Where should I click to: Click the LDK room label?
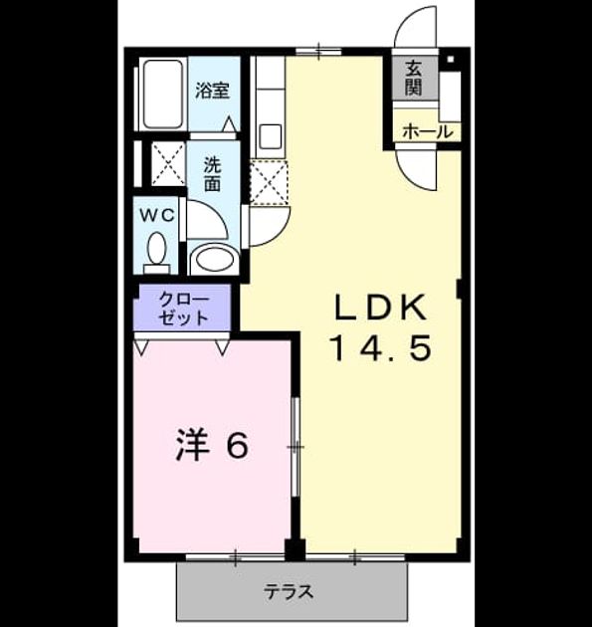(x=380, y=308)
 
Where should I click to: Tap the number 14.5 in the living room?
(x=380, y=347)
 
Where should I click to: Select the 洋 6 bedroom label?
(x=212, y=445)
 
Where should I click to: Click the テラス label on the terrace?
(x=289, y=592)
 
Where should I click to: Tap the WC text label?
(x=156, y=216)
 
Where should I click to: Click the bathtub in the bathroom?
(x=163, y=94)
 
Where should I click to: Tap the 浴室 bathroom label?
(x=212, y=91)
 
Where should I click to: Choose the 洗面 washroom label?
(x=212, y=174)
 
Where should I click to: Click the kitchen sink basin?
(x=271, y=136)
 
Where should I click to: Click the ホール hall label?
(x=427, y=131)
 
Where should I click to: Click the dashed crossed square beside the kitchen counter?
(x=269, y=182)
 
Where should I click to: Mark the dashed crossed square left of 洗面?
(x=168, y=163)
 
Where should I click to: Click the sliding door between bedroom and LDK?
(x=296, y=446)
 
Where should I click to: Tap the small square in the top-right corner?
(x=451, y=60)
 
